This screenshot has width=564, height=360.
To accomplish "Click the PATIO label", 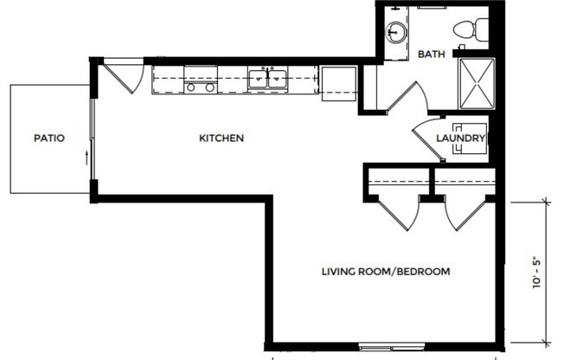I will click(x=49, y=138).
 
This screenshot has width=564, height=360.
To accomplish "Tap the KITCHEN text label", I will click(x=221, y=138).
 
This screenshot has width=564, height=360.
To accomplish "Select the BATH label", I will click(x=431, y=54).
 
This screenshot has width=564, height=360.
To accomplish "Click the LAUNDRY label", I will click(x=459, y=138).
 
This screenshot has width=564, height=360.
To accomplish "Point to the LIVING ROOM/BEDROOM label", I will click(x=386, y=272).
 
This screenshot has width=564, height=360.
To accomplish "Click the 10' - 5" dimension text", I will click(x=537, y=272).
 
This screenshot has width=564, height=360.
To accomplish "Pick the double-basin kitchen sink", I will click(x=268, y=80).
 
